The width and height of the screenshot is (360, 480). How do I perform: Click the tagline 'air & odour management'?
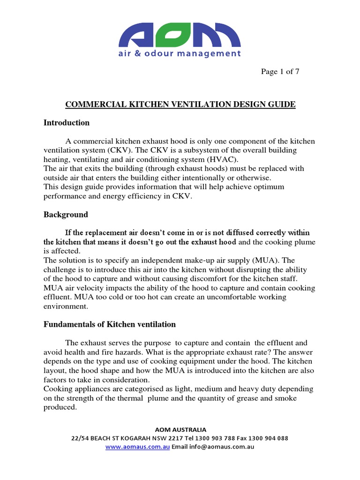180,53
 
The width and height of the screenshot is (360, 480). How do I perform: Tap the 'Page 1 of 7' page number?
280,72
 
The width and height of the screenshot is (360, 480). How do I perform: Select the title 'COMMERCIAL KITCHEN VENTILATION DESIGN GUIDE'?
180,105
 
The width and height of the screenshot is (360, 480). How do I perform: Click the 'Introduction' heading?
67,123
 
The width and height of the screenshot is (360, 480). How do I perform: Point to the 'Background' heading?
66,215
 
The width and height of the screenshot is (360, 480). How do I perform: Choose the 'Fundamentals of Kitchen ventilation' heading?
110,324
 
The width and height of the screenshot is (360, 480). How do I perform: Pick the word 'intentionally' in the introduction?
225,178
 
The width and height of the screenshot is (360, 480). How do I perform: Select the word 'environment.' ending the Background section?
66,306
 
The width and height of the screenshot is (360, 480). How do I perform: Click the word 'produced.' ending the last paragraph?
60,407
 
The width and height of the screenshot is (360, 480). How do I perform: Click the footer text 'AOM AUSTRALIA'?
180,429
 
